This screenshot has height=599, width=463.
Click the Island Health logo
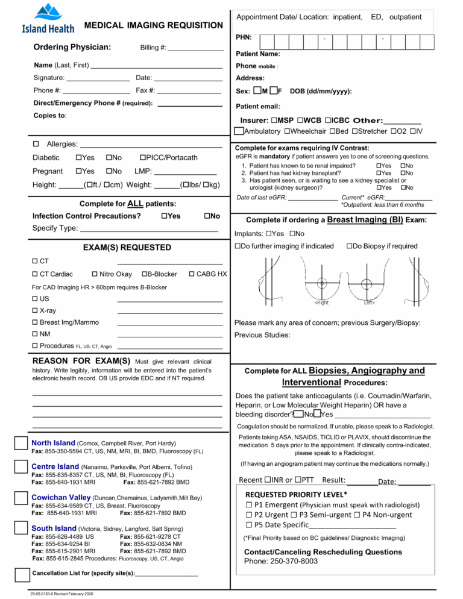pos(48,18)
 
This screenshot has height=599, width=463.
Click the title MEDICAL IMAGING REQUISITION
pos(153,25)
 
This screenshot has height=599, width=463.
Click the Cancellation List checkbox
pos(22,572)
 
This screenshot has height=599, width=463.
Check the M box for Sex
pos(257,91)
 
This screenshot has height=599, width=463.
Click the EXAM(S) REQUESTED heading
pos(127,248)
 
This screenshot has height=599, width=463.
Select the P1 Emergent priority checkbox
pos(248,505)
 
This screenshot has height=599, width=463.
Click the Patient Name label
pos(258,54)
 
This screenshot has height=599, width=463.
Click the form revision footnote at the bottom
pos(57,594)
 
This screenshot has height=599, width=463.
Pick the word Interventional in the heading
pos(311,382)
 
